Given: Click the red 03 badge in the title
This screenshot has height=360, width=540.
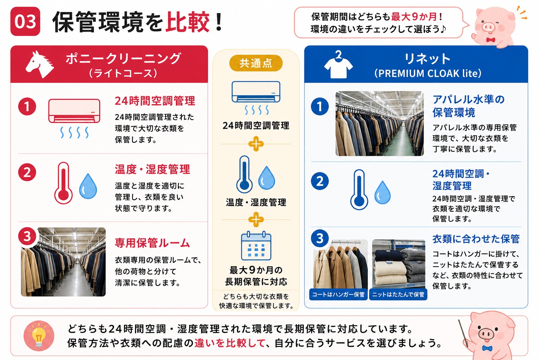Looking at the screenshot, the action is coord(25,21).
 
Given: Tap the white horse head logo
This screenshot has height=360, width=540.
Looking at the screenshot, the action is coord(40,64).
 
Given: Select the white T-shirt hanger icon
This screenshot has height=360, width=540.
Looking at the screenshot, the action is coord(338,64).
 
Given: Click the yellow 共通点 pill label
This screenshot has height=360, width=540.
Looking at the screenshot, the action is coord(256,63).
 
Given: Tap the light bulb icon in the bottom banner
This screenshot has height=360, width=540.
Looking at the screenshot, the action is coord(39,336).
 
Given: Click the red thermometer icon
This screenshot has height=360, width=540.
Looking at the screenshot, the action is coord(63,183).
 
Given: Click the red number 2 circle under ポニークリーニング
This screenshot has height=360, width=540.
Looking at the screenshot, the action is coord(27,172).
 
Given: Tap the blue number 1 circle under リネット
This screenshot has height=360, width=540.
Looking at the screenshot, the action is coord(320,106).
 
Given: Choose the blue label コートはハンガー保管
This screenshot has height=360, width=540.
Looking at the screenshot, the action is coord(338,294).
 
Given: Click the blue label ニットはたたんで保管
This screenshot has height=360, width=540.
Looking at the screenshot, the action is coord(398,294).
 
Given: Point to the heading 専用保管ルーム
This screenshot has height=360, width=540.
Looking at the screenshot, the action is coord(152,243).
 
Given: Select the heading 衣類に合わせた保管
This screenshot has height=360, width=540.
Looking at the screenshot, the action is coord(476,239).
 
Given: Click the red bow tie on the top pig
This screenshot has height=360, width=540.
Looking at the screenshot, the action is coord(490,39).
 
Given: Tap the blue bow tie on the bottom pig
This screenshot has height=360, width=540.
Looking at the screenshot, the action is coord(487,348).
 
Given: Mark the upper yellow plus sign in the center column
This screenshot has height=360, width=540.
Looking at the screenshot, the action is coord(256,144).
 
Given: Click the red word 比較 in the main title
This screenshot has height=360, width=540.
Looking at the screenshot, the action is coord(187,22).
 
